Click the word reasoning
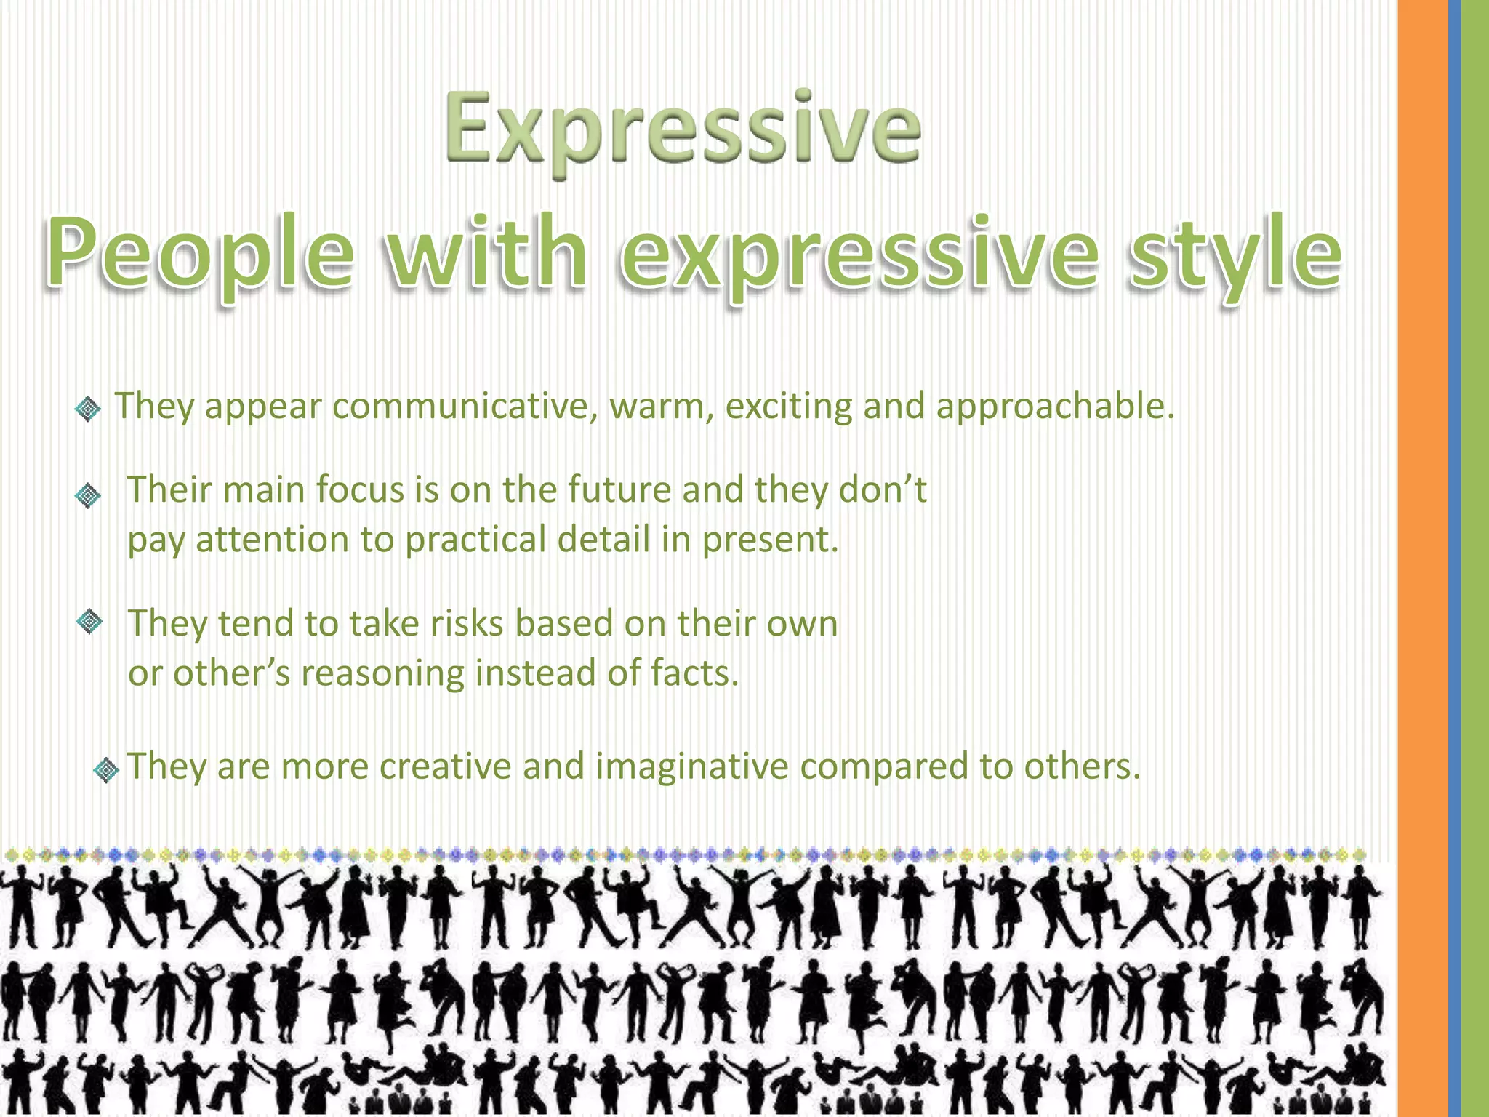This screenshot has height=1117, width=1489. tap(382, 673)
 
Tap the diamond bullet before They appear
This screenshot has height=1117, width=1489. tap(88, 409)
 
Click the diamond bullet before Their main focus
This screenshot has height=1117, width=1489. tap(88, 496)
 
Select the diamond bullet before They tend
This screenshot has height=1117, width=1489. tap(89, 622)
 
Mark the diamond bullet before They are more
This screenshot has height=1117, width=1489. tap(107, 769)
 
